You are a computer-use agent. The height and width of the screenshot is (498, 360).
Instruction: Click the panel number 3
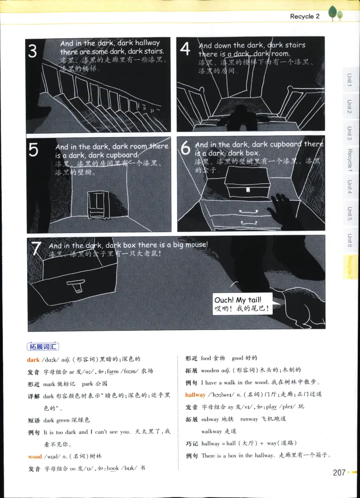click(x=32, y=51)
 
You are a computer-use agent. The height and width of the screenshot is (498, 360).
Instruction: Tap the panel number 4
click(x=185, y=49)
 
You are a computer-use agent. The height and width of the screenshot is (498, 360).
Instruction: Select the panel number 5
click(x=33, y=150)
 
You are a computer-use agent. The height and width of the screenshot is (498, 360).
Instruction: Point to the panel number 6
click(x=185, y=148)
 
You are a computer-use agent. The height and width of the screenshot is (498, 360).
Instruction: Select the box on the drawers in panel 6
click(x=247, y=184)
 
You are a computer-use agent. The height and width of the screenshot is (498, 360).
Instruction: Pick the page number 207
click(x=339, y=472)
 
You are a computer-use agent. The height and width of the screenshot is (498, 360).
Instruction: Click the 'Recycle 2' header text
click(x=305, y=16)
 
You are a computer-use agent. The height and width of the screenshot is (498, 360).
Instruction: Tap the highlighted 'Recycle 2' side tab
click(x=349, y=267)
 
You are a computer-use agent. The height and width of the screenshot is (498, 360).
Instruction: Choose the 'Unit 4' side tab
click(x=349, y=186)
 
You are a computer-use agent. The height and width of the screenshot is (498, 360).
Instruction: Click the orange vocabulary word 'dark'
click(x=33, y=359)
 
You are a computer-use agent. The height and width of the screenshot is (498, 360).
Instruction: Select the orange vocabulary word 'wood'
click(x=35, y=457)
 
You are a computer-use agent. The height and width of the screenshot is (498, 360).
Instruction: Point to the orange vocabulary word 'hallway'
click(x=195, y=395)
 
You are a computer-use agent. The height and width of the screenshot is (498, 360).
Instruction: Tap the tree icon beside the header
click(x=335, y=13)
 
